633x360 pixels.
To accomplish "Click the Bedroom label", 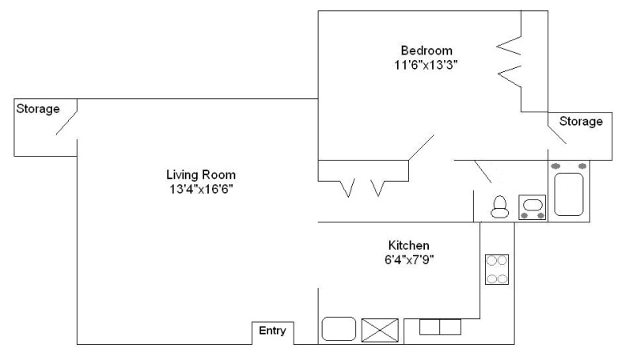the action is pos(426,51).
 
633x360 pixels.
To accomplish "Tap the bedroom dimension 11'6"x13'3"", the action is pos(426,65).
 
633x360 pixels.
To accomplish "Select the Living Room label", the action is pos(201,175).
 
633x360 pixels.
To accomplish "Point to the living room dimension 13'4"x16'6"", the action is pos(201,189).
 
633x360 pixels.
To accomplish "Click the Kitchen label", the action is pos(408,245).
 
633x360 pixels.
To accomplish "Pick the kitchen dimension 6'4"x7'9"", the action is pos(409,260).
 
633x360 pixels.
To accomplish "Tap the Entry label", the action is pos(272,331).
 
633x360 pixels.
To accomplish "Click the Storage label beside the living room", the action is pos(38,108).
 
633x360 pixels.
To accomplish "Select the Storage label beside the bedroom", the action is pos(581,121).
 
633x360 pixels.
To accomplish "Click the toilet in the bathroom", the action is pos(500,207).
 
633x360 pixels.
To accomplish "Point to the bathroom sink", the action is pos(532,207).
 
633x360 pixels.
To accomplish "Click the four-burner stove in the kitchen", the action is pos(497,269).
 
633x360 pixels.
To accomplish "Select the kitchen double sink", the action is pos(440,327).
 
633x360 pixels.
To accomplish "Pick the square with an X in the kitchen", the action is pos(380,330).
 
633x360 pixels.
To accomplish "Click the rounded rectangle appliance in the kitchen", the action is pos(339,329).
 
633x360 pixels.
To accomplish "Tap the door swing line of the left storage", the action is pos(66,123).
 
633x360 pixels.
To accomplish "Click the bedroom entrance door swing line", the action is pos(421,147).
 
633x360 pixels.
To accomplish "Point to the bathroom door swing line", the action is pos(483,172).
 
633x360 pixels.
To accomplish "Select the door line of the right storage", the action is pos(557,135).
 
